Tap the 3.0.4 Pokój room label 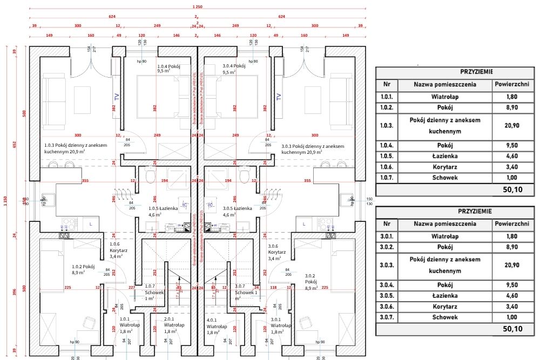[233, 68]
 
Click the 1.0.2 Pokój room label [84, 269]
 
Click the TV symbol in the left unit [116, 96]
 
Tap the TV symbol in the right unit [279, 96]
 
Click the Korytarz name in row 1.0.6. [445, 167]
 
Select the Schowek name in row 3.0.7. [445, 317]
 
